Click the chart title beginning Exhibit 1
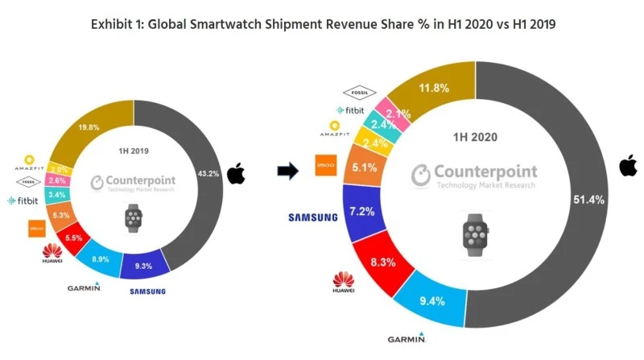click(322, 24)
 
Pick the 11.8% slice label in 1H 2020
click(439, 88)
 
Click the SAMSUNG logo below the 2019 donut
click(147, 290)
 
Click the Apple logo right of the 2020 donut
click(628, 166)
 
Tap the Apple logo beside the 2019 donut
click(236, 173)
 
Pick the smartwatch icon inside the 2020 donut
click(476, 234)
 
